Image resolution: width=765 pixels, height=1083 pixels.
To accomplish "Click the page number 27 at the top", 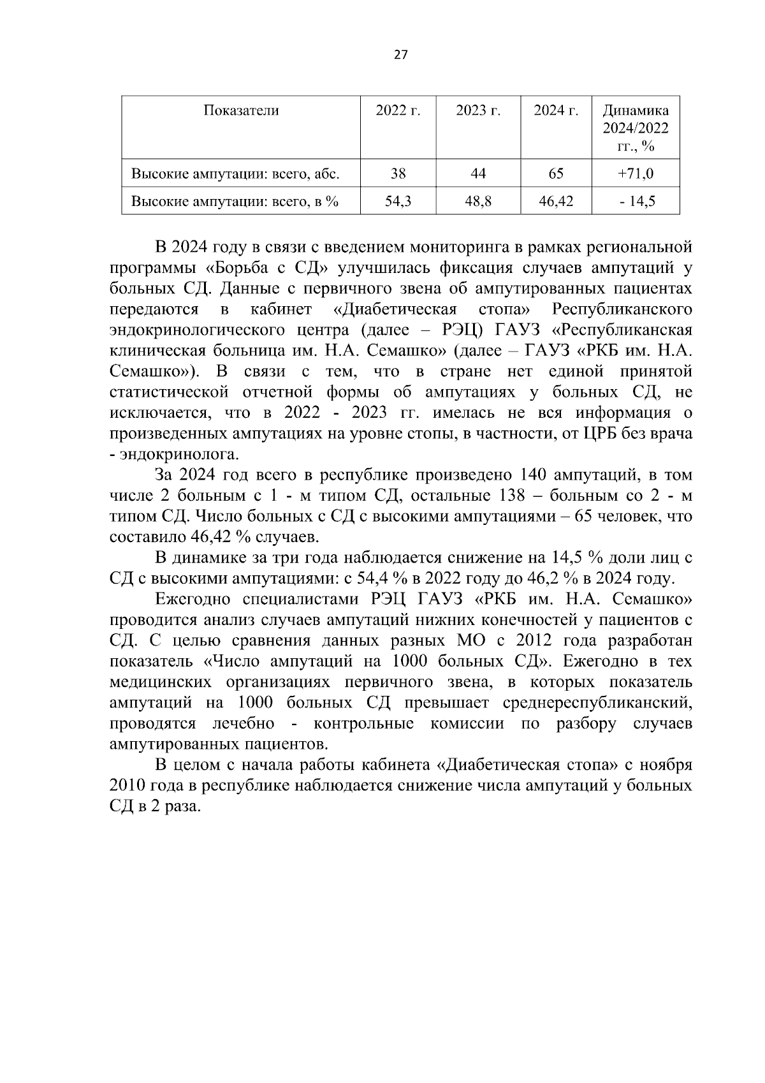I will tap(401, 54).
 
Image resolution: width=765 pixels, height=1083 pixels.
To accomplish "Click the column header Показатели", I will tap(241, 110).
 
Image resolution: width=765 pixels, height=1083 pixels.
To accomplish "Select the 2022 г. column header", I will tap(398, 110).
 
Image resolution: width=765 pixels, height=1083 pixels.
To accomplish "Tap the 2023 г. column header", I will tap(478, 110).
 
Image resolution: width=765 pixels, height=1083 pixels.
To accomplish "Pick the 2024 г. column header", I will tap(556, 110).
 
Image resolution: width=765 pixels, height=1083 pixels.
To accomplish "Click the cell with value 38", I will tap(398, 173).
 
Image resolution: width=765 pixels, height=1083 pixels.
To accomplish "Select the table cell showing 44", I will tap(478, 173).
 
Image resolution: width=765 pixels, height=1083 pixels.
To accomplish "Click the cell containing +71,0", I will tap(635, 173).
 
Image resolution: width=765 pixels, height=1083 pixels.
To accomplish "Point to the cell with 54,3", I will tap(398, 202).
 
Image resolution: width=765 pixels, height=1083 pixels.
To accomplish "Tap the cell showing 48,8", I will tap(478, 202).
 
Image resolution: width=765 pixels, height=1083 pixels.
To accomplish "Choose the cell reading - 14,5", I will tap(635, 202).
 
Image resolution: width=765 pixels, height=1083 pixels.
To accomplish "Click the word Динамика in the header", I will tap(636, 110).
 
